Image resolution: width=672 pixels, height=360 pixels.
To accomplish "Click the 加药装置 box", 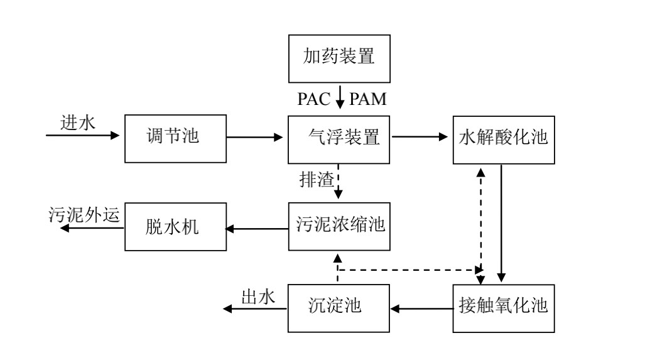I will click(340, 58).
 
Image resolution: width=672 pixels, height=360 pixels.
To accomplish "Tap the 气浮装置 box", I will click(340, 136).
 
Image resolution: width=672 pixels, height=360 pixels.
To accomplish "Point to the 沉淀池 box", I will click(340, 307).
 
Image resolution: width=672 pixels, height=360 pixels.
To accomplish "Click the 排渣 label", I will click(313, 178).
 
